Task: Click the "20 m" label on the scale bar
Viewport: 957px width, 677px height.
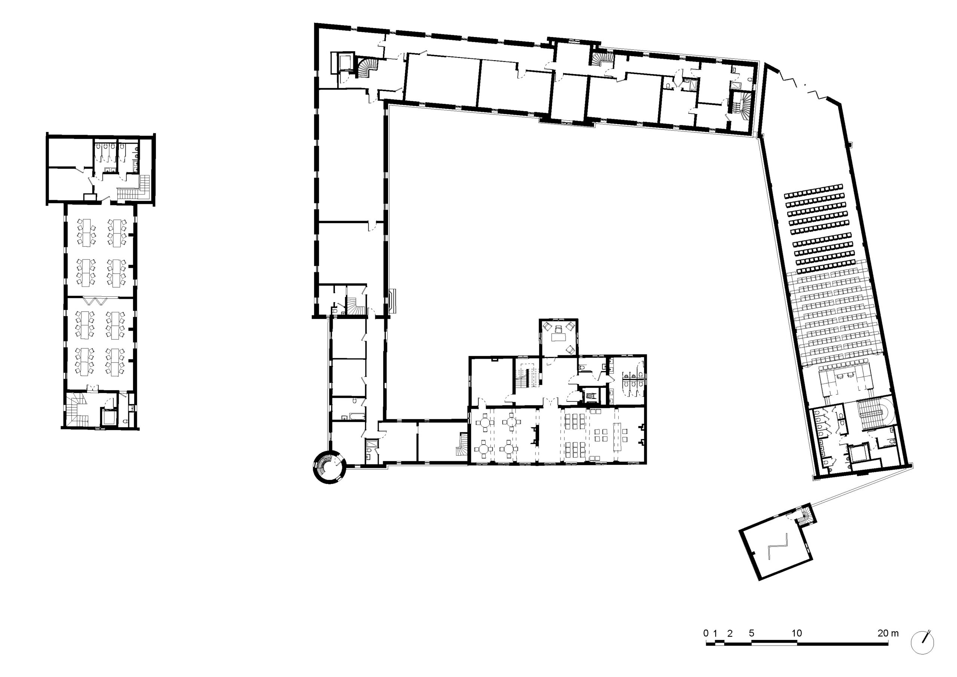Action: [x=887, y=633]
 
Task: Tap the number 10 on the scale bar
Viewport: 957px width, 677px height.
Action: [x=797, y=633]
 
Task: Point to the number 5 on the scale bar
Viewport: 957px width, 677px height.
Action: [x=751, y=633]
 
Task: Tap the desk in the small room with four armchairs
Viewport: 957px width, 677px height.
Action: [x=558, y=336]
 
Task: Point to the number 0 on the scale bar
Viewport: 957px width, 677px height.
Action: [x=706, y=633]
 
